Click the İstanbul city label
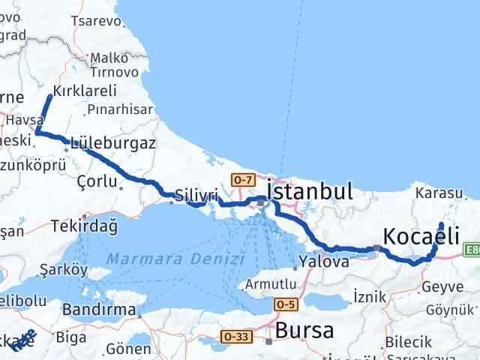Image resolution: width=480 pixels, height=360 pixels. pos(310,192)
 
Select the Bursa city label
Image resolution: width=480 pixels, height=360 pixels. pos(302,330)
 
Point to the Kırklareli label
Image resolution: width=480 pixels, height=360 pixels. pos(85,91)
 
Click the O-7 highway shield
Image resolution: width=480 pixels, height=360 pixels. pos(243,180)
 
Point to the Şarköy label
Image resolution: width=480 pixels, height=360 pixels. pos(64,269)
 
